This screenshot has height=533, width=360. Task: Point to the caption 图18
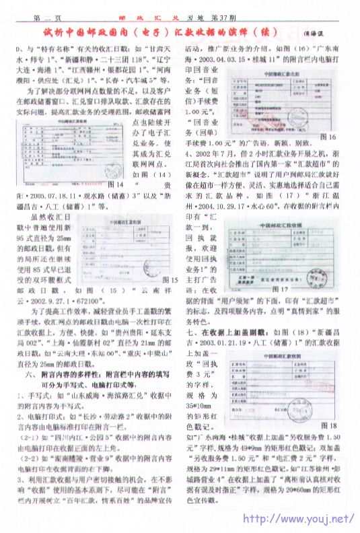(x=328, y=425)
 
